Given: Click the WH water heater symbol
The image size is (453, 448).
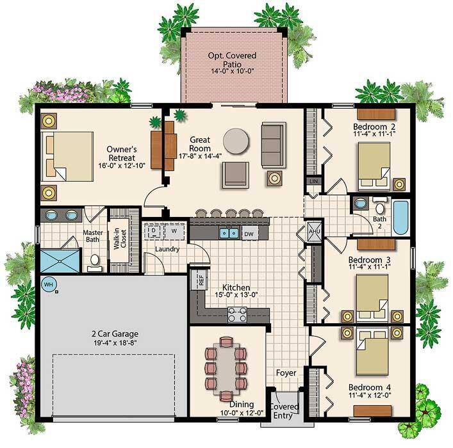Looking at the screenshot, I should pyautogui.click(x=47, y=283).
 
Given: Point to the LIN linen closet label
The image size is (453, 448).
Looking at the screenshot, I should pyautogui.click(x=313, y=182).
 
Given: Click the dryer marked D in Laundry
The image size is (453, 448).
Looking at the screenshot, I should pyautogui.click(x=154, y=231).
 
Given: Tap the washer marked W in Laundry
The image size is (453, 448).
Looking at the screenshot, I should pyautogui.click(x=173, y=231).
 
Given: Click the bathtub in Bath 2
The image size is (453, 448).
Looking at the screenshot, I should pyautogui.click(x=400, y=218).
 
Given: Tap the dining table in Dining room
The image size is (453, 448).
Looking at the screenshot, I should pyautogui.click(x=226, y=365).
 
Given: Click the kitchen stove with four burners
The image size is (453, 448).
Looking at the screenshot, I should pyautogui.click(x=238, y=314).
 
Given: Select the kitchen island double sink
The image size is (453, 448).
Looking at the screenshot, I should pyautogui.click(x=230, y=233).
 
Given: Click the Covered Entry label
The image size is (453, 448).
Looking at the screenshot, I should pyautogui.click(x=283, y=410).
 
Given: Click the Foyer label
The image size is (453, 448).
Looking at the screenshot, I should pyautogui.click(x=286, y=372).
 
